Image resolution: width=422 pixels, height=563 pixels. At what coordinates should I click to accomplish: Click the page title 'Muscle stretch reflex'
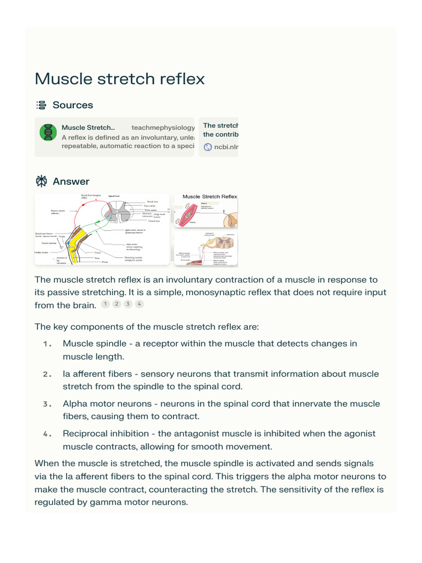tap(119, 79)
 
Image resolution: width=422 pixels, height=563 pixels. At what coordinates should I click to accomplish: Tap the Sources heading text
tap(73, 105)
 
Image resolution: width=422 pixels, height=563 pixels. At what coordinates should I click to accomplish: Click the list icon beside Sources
tap(41, 105)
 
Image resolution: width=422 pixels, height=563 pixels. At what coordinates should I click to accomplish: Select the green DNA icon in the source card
tap(48, 133)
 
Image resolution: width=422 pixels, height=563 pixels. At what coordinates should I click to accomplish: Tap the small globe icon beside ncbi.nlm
tap(208, 147)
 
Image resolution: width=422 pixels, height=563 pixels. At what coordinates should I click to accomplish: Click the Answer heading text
tap(71, 181)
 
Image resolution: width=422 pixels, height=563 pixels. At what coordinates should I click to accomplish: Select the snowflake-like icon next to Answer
tap(41, 181)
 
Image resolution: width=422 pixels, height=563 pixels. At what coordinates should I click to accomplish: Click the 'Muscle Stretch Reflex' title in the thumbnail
tap(209, 196)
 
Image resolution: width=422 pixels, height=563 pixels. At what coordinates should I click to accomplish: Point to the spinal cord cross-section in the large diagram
tap(118, 211)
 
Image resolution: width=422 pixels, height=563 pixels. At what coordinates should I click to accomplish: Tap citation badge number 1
tap(104, 304)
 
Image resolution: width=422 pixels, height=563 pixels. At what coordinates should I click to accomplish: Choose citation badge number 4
tap(140, 304)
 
